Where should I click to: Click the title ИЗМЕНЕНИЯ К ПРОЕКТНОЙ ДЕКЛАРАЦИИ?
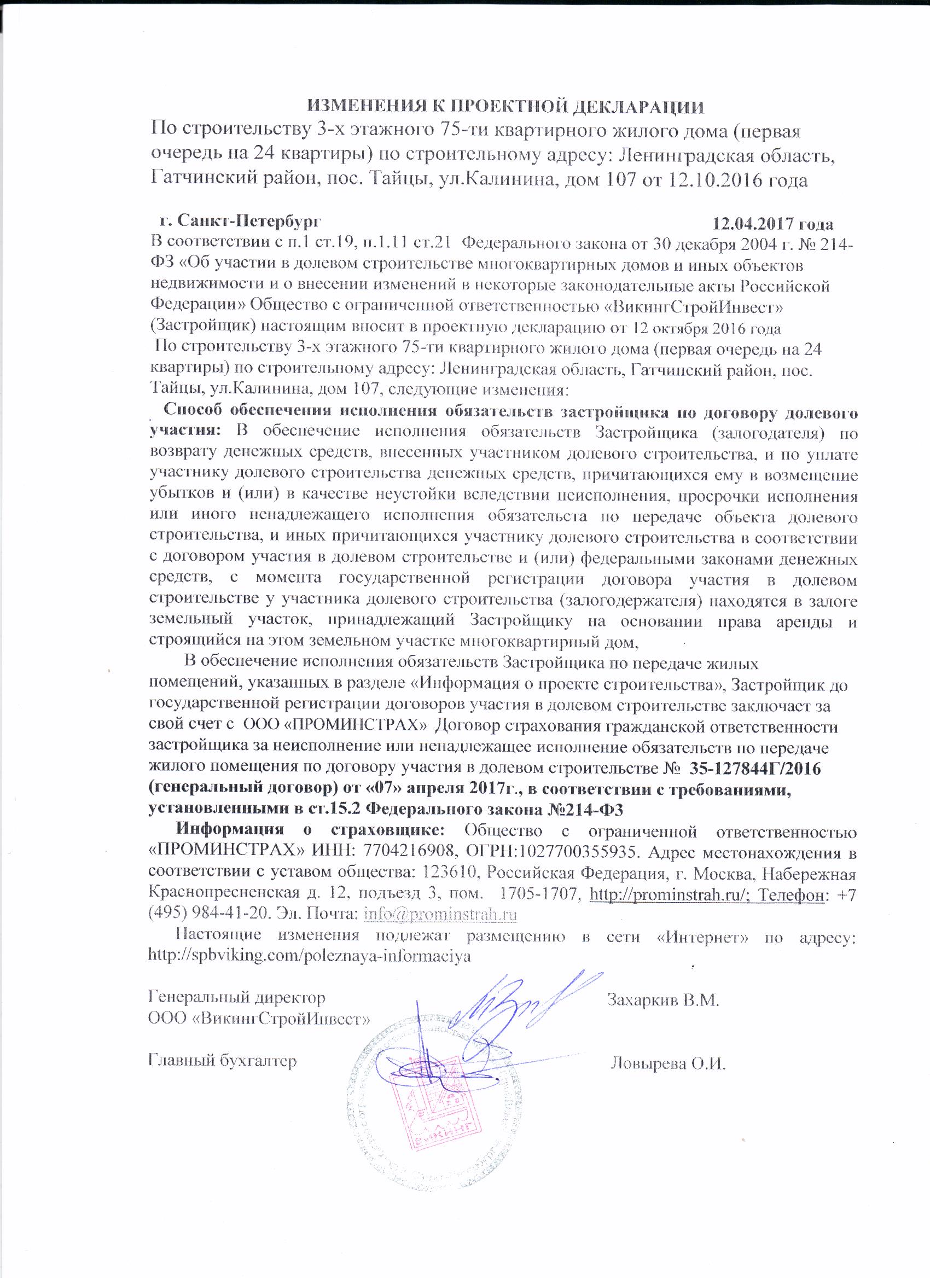tap(505, 107)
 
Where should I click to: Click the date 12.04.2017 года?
tap(772, 224)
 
